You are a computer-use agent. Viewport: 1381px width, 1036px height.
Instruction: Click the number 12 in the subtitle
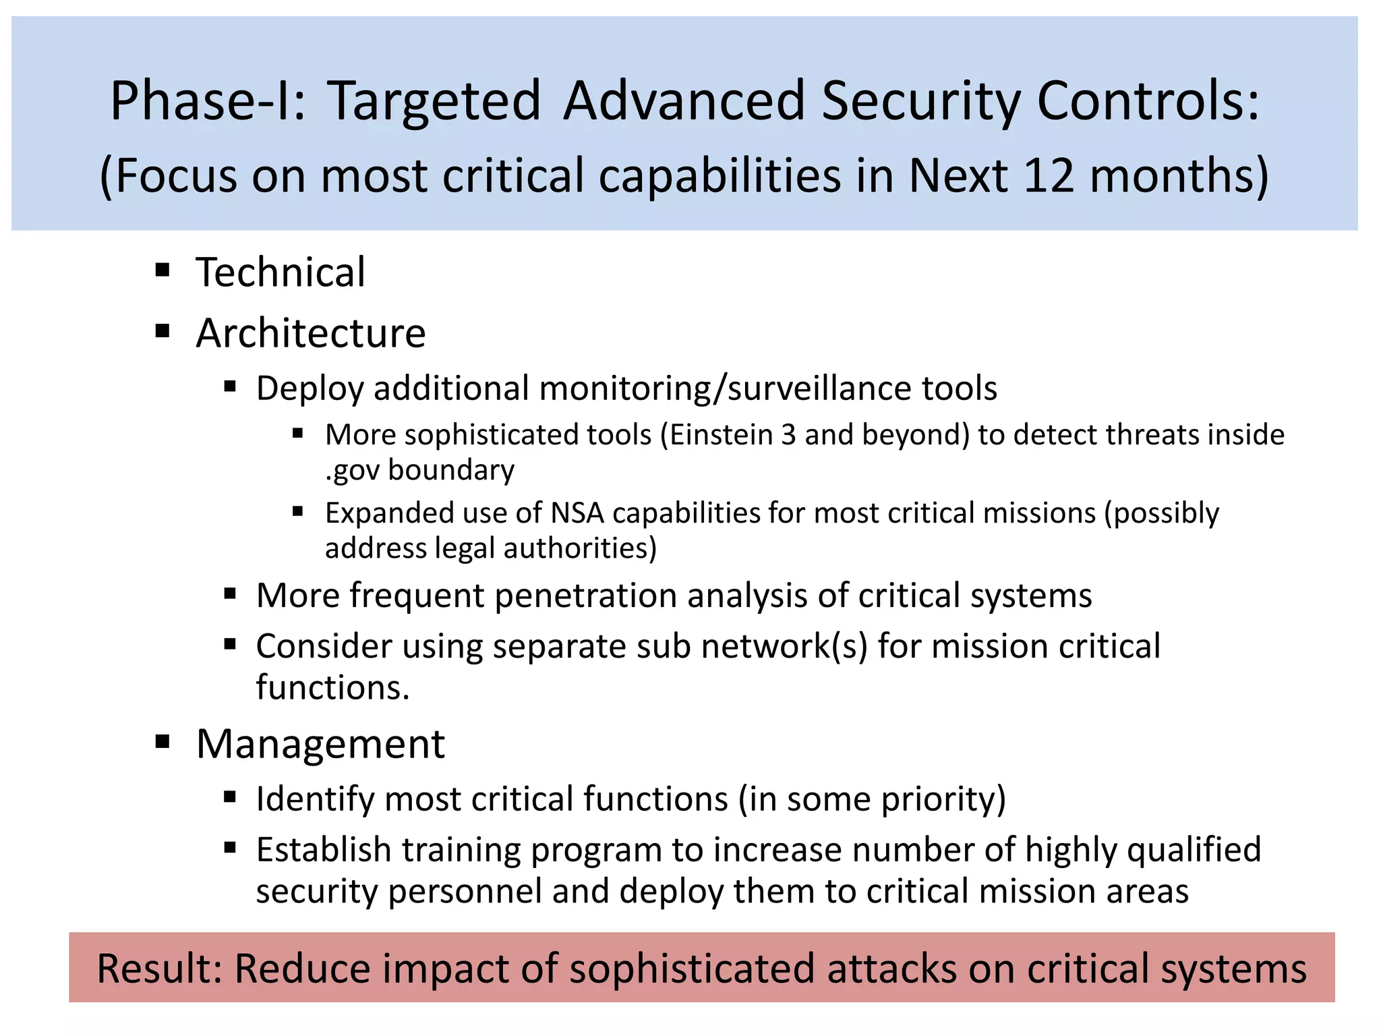pos(1048,175)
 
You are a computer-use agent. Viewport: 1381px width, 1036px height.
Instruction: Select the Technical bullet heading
pos(281,272)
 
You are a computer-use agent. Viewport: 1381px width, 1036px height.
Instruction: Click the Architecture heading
pos(311,333)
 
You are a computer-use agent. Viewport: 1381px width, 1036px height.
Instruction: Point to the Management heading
pos(320,744)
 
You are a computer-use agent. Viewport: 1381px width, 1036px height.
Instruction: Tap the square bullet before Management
pos(163,743)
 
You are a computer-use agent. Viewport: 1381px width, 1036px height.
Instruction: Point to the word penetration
pos(585,596)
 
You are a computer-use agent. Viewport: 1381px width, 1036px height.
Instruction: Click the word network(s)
pos(784,646)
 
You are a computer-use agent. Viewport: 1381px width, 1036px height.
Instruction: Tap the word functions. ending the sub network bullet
pos(333,688)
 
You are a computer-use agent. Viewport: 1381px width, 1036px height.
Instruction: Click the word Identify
pos(315,799)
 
